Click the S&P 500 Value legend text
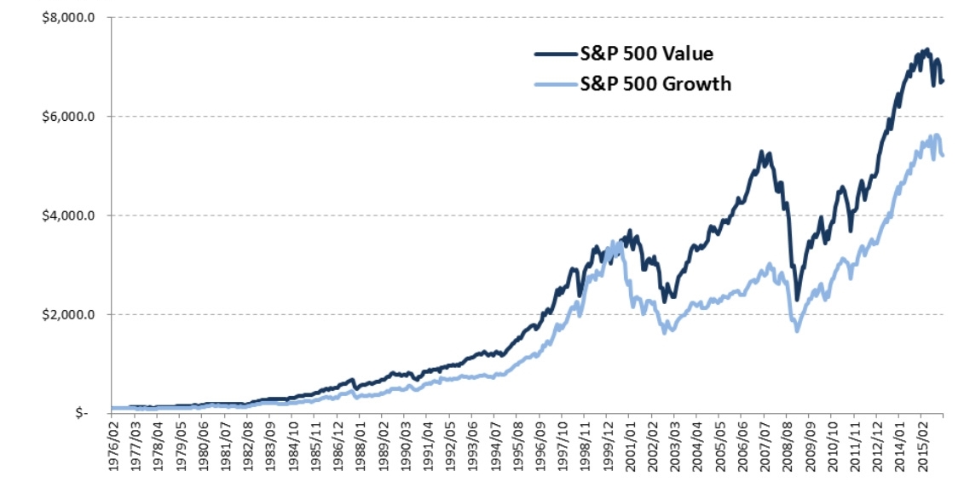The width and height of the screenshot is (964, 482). (646, 55)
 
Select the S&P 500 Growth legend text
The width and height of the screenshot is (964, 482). (655, 83)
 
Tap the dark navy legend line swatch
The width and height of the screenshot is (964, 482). (554, 55)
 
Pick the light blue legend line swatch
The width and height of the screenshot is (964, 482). (554, 83)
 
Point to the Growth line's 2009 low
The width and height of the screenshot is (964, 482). (796, 329)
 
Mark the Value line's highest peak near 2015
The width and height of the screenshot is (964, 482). (926, 49)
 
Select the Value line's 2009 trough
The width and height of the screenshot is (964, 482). (797, 299)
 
